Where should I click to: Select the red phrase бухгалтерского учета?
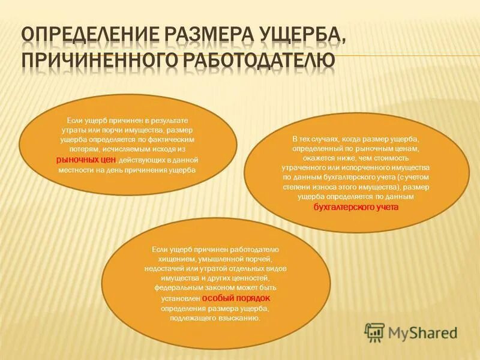click(356, 207)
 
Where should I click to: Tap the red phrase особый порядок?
click(236, 298)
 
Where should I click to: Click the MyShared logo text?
click(422, 332)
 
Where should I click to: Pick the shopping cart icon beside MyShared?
click(375, 332)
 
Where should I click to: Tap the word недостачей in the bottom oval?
click(164, 268)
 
